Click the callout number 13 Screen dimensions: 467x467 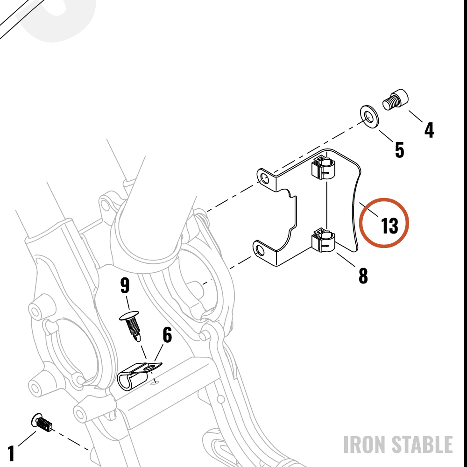pos(389,226)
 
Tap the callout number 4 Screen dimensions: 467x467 pos(429,130)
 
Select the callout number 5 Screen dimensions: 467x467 pos(399,150)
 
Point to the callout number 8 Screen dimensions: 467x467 pos(363,276)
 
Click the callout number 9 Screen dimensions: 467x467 pos(125,285)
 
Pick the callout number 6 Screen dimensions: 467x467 pos(167,335)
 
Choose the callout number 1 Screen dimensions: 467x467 pos(11,453)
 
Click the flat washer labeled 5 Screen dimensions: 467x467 pos(369,117)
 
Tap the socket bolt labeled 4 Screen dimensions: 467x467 pos(396,99)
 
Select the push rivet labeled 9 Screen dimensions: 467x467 pos(131,325)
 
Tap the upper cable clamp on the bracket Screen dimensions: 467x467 pos(323,168)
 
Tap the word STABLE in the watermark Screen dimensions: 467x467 pos(422,445)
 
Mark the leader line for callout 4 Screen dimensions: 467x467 pos(416,116)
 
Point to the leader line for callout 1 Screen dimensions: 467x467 pos(27,439)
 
